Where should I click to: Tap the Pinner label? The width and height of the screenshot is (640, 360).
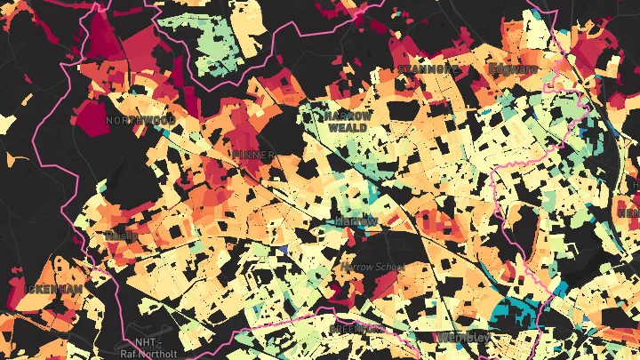252,154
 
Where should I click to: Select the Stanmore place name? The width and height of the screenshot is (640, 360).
429,68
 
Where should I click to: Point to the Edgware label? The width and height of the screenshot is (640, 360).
514,68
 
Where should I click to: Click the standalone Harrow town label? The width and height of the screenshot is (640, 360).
356,220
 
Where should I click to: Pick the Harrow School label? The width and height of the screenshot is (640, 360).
373,267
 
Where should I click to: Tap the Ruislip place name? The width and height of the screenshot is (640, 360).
118,235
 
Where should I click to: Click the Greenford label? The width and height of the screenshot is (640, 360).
349,329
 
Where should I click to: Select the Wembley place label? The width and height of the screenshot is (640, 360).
462,338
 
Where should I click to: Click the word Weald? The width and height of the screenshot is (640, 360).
347,128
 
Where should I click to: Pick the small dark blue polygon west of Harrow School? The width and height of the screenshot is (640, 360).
283,252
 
